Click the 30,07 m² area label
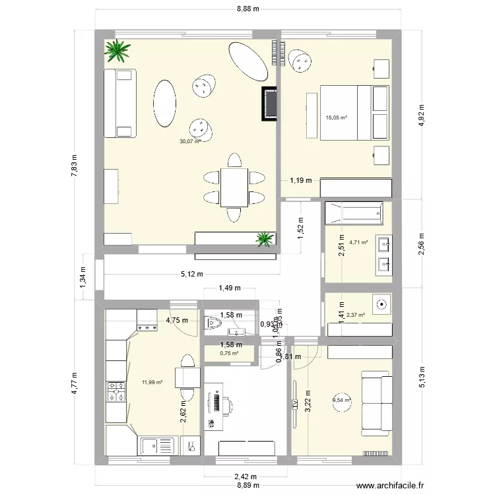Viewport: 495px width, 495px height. [190, 141]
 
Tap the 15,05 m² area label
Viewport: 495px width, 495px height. [337, 118]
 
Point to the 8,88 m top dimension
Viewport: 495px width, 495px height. [247, 9]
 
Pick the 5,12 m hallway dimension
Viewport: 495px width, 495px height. [191, 275]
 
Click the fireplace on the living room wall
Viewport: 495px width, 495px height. [269, 104]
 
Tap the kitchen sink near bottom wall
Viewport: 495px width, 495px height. [158, 445]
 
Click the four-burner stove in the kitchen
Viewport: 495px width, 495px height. [116, 392]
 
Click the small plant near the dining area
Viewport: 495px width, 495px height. [265, 239]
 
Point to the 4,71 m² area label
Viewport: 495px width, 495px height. [358, 242]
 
